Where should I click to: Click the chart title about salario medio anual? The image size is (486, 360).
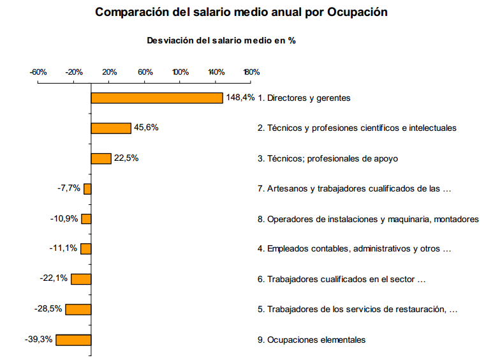tap(241, 12)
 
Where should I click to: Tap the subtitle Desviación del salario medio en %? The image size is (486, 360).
tap(221, 40)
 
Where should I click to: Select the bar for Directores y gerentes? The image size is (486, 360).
tap(157, 98)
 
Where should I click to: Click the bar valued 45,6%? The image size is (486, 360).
tap(111, 128)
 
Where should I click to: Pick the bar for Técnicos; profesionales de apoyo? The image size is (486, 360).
tap(101, 158)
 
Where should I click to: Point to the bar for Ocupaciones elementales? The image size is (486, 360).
tap(73, 340)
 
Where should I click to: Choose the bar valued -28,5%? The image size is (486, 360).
tap(78, 310)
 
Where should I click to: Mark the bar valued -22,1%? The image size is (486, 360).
tap(81, 279)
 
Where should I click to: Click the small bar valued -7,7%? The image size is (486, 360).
tap(87, 188)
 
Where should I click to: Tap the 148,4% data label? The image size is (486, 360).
tap(240, 98)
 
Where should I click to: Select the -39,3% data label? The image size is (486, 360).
tap(38, 339)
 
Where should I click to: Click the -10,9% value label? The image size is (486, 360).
tap(64, 218)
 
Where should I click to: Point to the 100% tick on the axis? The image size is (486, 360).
tap(180, 71)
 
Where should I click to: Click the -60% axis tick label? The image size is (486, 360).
tap(38, 71)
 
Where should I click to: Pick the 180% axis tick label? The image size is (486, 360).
tap(251, 71)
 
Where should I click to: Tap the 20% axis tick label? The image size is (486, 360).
tap(109, 71)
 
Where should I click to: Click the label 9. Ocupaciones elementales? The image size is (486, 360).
tap(312, 340)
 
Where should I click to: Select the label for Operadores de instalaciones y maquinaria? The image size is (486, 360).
tap(368, 219)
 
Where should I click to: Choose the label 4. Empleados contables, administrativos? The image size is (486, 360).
tap(355, 249)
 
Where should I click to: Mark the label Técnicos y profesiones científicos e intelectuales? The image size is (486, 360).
tap(357, 128)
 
